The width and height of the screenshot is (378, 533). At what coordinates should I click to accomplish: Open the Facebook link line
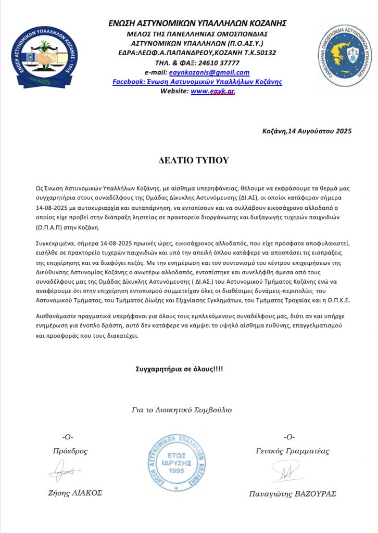click(197, 82)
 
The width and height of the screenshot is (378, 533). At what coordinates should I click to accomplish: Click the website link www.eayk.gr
click(213, 91)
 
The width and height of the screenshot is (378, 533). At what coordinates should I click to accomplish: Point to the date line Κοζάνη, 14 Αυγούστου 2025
click(307, 131)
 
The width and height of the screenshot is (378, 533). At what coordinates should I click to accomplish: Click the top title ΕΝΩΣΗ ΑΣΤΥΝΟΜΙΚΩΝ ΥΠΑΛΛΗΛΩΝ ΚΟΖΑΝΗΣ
click(197, 23)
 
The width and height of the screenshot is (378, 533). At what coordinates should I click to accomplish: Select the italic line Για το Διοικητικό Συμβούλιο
click(182, 410)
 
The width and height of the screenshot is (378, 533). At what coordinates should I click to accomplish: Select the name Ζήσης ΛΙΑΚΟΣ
click(73, 493)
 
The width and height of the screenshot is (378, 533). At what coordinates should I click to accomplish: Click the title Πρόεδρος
click(70, 451)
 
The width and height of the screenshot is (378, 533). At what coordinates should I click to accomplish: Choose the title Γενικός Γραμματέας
click(293, 451)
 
